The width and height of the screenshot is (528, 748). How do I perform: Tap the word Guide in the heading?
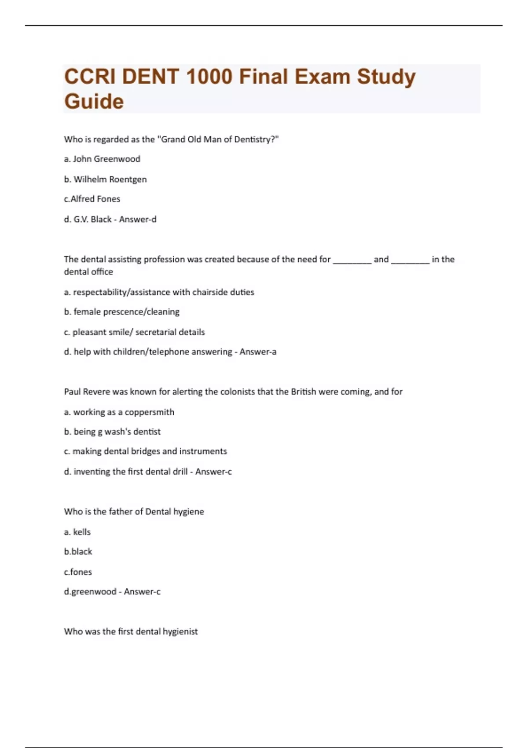click(94, 102)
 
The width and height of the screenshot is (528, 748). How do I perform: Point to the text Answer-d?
click(138, 219)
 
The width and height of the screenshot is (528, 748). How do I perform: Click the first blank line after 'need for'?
click(352, 260)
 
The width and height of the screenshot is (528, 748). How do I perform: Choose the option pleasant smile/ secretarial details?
click(134, 332)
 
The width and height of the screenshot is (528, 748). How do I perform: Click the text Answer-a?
click(258, 352)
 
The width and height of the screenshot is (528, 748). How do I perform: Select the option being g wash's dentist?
click(112, 432)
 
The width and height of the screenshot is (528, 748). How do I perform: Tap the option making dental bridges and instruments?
click(145, 451)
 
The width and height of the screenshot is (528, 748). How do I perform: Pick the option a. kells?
click(77, 532)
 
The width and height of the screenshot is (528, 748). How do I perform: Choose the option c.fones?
click(78, 572)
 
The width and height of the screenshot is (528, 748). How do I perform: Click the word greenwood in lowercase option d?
click(94, 592)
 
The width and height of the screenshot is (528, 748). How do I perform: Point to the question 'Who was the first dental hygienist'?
click(131, 631)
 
